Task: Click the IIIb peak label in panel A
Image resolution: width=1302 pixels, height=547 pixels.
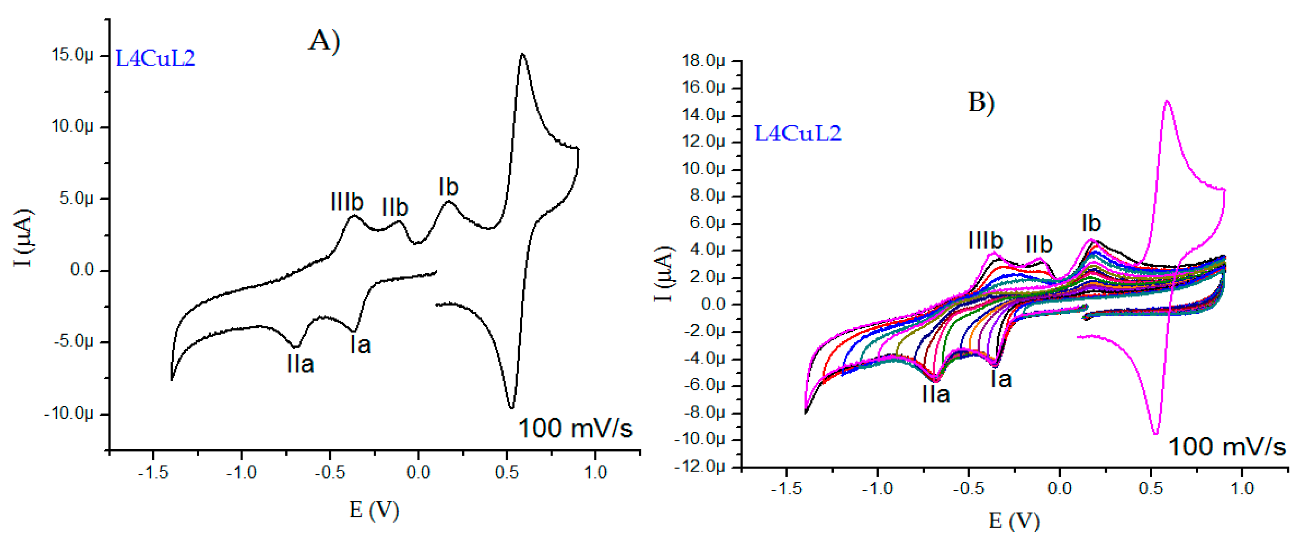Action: pos(347,202)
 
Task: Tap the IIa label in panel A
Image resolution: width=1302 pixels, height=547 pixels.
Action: pos(300,364)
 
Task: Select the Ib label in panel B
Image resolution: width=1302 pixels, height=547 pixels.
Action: pos(1091,223)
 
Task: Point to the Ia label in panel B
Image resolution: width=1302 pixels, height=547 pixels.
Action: pos(1001,379)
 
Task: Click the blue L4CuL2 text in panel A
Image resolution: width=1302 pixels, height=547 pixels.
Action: pos(155,59)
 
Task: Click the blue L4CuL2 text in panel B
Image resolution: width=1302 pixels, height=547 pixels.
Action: pos(797,134)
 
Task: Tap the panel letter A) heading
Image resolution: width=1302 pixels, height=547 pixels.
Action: pos(324,41)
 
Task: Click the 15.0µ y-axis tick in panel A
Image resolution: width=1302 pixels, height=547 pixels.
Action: pos(72,54)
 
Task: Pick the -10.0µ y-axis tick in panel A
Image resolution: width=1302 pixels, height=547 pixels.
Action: pos(69,413)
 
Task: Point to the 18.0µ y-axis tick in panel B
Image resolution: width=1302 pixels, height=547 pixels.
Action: pos(703,61)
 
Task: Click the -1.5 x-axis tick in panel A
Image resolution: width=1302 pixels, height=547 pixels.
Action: pos(153,472)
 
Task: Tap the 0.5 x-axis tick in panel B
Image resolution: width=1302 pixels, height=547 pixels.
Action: pos(1151,488)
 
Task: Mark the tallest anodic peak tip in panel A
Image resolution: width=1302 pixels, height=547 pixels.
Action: pos(523,54)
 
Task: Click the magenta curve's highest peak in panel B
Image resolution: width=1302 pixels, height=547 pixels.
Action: pos(1167,101)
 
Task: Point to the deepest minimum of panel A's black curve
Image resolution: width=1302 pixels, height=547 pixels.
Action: pos(512,407)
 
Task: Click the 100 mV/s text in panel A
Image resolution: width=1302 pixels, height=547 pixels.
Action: pos(575,429)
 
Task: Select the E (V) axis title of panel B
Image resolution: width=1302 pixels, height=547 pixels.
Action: pos(1014,521)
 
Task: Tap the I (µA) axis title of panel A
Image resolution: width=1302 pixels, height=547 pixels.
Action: pos(24,237)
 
